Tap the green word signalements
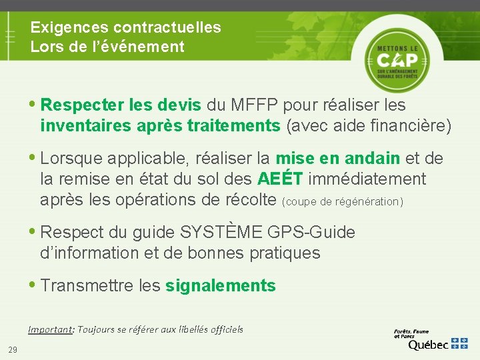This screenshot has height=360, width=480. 220,286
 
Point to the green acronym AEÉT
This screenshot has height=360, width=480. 280,179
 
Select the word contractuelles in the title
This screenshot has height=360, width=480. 167,27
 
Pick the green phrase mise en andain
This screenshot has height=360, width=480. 338,159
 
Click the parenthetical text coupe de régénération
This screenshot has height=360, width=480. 343,201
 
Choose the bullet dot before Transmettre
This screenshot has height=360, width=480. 33,285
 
